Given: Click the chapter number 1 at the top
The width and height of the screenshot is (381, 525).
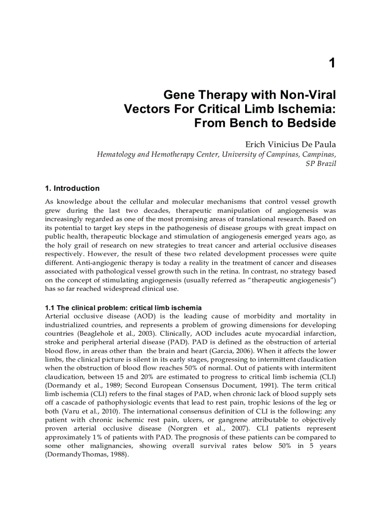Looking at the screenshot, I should pos(332,63).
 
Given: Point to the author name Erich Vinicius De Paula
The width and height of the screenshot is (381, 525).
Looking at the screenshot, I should pos(290,145).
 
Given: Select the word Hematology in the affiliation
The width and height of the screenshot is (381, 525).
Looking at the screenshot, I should pos(115,154).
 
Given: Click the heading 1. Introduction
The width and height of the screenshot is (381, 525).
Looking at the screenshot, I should pos(72,188).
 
